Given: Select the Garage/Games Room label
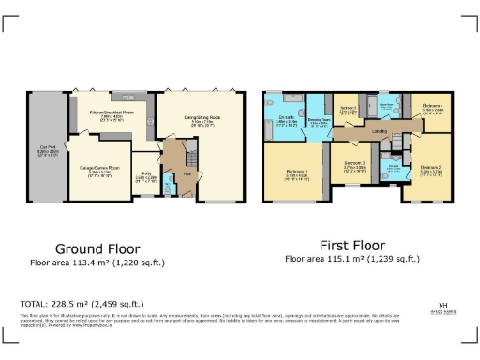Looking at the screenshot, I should pyautogui.click(x=100, y=169).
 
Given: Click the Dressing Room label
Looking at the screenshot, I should pyautogui.click(x=318, y=123).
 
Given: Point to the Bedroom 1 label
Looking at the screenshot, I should pyautogui.click(x=293, y=172).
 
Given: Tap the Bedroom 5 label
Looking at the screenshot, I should pyautogui.click(x=349, y=109).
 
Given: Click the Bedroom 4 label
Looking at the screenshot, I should pyautogui.click(x=432, y=108).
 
